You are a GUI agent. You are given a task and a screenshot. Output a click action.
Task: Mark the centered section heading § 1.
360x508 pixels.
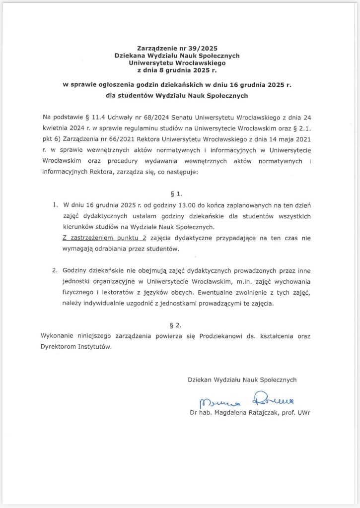pyautogui.click(x=179, y=190)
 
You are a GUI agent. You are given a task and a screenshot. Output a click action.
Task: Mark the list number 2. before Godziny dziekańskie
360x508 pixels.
pyautogui.click(x=55, y=270)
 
